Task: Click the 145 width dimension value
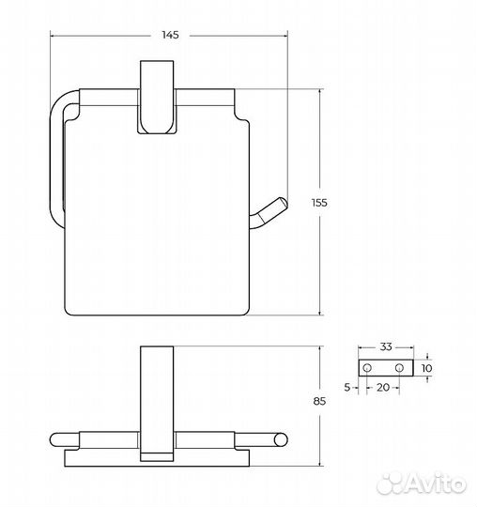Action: click(x=170, y=35)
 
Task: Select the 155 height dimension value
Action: click(x=319, y=203)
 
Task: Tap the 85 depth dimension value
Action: click(x=319, y=401)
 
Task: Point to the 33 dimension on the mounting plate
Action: click(x=386, y=347)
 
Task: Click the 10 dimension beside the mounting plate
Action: click(x=426, y=368)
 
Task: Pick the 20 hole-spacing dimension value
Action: click(x=383, y=387)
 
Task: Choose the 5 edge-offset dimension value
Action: click(x=347, y=387)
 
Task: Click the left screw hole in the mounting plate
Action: click(x=367, y=368)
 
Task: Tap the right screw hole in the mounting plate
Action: click(x=399, y=368)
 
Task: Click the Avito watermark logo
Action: click(x=422, y=484)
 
